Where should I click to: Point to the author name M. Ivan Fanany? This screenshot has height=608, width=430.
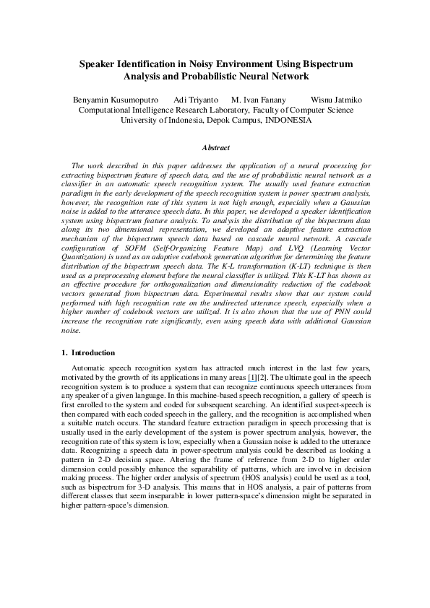pyautogui.click(x=258, y=99)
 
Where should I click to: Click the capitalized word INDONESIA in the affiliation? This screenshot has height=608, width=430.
pyautogui.click(x=289, y=120)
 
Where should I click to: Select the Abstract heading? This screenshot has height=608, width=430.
pyautogui.click(x=215, y=147)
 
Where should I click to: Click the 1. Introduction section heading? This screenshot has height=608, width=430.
pyautogui.click(x=87, y=352)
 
